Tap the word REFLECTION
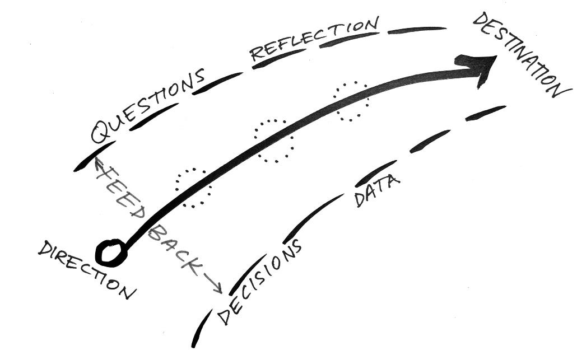coord(314,39)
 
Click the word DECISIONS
coord(260,282)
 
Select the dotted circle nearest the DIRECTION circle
coord(193,188)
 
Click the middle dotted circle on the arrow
coord(274,141)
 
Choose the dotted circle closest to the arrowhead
coord(351,101)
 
